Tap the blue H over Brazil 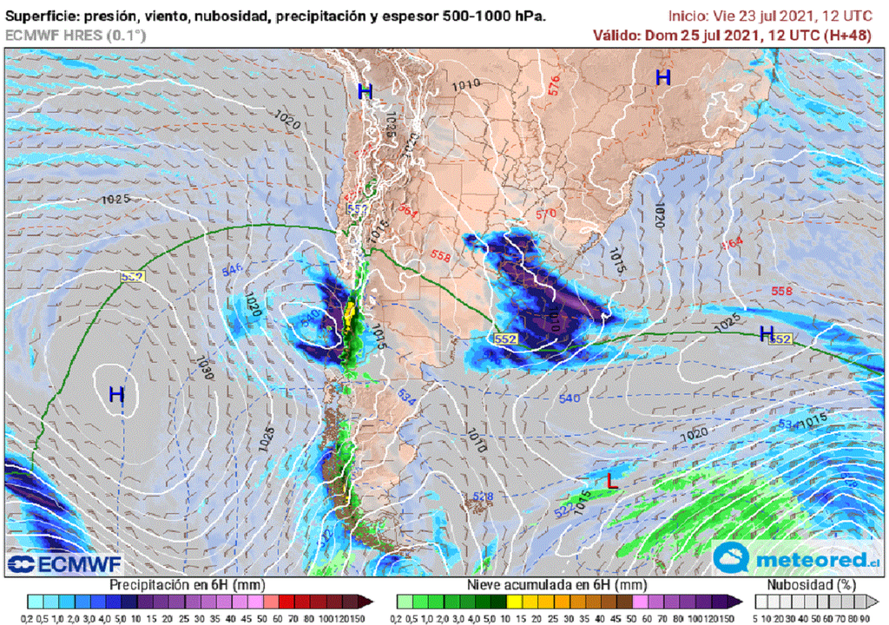tap(663, 77)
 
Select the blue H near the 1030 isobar tap(116, 395)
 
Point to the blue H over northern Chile tap(365, 91)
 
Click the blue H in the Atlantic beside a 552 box tap(766, 333)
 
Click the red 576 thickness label tap(555, 84)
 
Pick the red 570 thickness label tap(545, 214)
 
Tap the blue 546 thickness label tap(232, 270)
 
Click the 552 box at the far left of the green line tap(132, 276)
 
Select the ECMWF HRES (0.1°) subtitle tap(76, 36)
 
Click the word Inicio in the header tap(688, 16)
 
